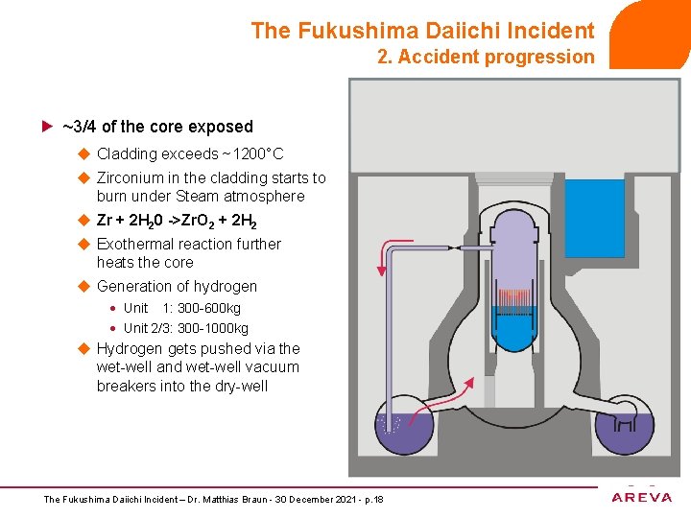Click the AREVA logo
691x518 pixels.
pos(642,496)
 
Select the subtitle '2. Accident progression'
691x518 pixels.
pos(486,57)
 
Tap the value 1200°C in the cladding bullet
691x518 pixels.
pos(259,153)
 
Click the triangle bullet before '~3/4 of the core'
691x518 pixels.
pos(47,127)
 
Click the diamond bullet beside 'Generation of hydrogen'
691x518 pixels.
pos(83,286)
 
